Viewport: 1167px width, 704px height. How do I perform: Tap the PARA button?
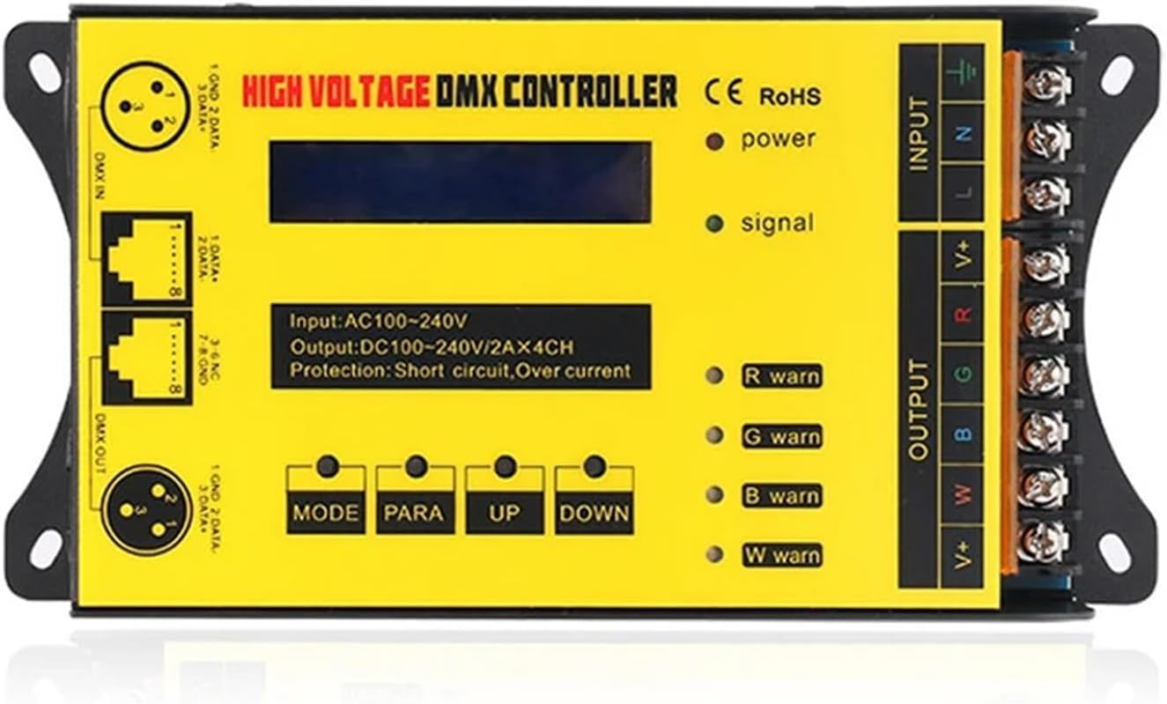[x=416, y=468]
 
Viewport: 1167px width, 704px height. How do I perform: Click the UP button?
[x=505, y=468]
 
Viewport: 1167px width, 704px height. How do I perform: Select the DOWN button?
[x=595, y=468]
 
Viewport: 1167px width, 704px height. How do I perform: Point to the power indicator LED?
[x=715, y=141]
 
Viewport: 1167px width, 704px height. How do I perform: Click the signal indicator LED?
[x=714, y=224]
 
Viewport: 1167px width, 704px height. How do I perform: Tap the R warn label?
[x=781, y=376]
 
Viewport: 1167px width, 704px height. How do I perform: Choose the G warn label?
[x=781, y=436]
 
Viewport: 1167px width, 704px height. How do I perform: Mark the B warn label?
[x=781, y=496]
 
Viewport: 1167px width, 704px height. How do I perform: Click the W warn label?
[x=781, y=556]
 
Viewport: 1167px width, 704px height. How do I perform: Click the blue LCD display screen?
[x=460, y=182]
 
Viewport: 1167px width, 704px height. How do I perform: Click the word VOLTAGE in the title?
[x=372, y=92]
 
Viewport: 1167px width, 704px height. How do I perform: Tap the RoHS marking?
[x=790, y=95]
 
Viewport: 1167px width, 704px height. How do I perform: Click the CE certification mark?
[x=725, y=92]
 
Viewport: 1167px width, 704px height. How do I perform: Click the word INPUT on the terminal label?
[x=919, y=133]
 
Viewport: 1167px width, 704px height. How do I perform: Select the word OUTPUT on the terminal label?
[x=919, y=409]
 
